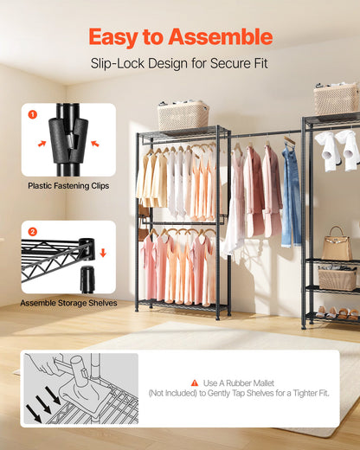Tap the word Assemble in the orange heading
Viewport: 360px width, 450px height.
pos(222,37)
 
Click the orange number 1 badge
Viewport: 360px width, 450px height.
pos(32,114)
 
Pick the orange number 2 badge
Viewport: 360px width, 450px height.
pos(32,232)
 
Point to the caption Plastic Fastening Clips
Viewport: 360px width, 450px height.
pos(68,185)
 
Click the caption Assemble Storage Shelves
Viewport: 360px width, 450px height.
pos(69,304)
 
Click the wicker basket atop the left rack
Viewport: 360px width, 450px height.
pos(183,115)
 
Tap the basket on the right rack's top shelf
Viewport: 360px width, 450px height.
pos(336,99)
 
